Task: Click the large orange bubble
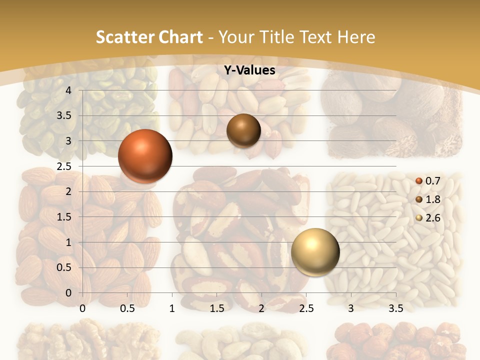point(145,156)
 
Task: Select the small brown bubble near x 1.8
point(243,130)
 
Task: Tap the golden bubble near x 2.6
point(315,252)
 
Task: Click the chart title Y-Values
point(249,70)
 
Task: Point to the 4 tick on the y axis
point(68,90)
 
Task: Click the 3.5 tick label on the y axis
point(64,116)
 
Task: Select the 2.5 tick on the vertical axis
point(64,166)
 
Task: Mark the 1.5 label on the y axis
point(64,217)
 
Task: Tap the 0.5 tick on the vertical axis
point(64,267)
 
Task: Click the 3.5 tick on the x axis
point(395,309)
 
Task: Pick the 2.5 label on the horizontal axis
point(306,309)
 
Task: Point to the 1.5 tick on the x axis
point(216,309)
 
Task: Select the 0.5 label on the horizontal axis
point(127,309)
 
